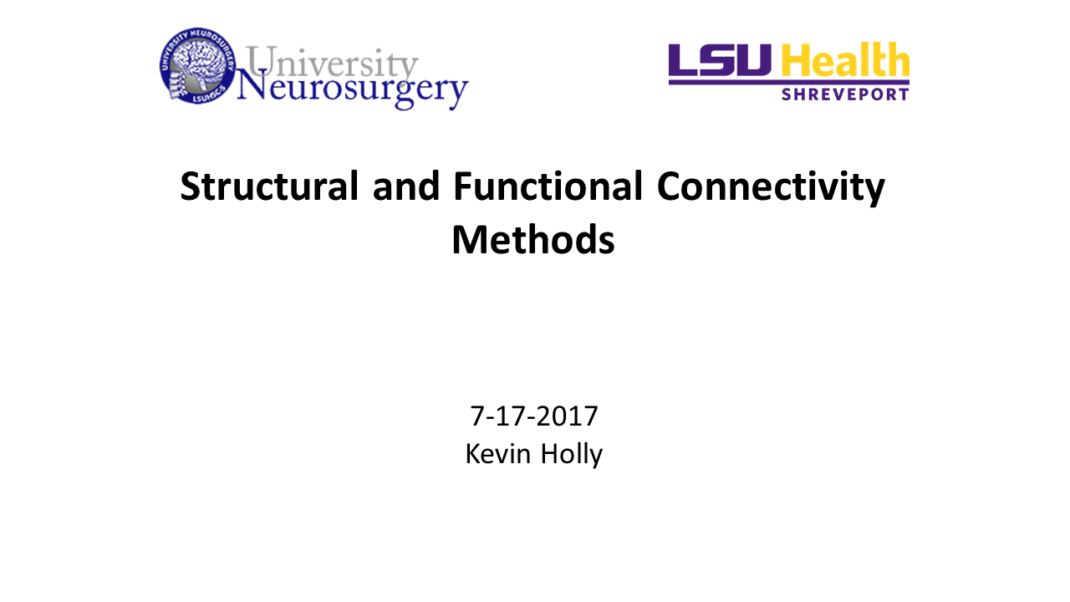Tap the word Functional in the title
point(548,187)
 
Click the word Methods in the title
point(533,241)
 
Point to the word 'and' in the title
point(406,187)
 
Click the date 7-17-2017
point(534,416)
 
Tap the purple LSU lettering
point(721,60)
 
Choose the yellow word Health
point(845,60)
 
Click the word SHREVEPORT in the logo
point(844,94)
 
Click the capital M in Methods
point(470,241)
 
